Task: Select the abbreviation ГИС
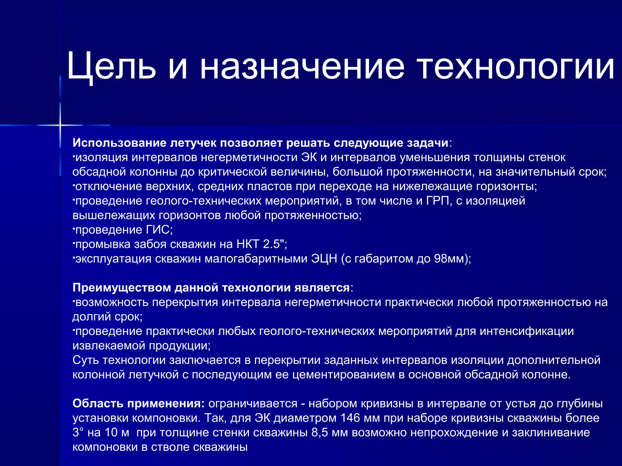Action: point(158,230)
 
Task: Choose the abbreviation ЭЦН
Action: point(324,259)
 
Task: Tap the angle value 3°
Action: point(78,433)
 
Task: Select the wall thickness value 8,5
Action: point(320,433)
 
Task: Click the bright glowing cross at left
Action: point(60,125)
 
